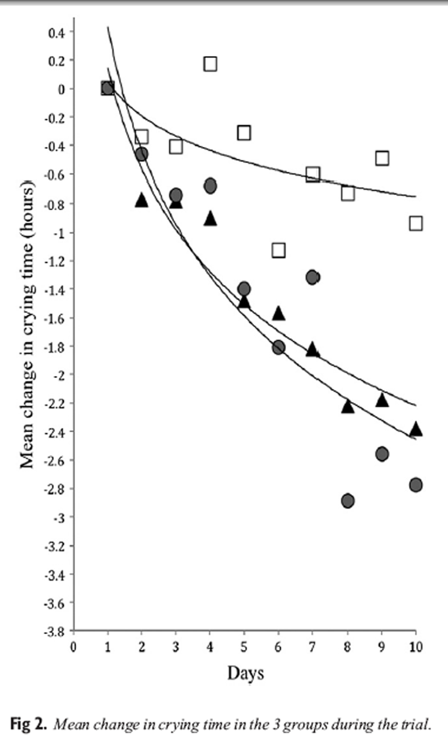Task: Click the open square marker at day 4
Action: point(210,63)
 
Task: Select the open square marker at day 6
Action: point(278,250)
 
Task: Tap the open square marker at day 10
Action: point(416,223)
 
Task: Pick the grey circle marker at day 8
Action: point(347,500)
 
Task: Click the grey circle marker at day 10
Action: point(416,484)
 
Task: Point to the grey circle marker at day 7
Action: point(312,277)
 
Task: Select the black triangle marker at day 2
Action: point(142,200)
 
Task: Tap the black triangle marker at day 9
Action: point(382,400)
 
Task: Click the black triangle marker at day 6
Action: point(278,313)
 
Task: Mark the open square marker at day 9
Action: point(382,158)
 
